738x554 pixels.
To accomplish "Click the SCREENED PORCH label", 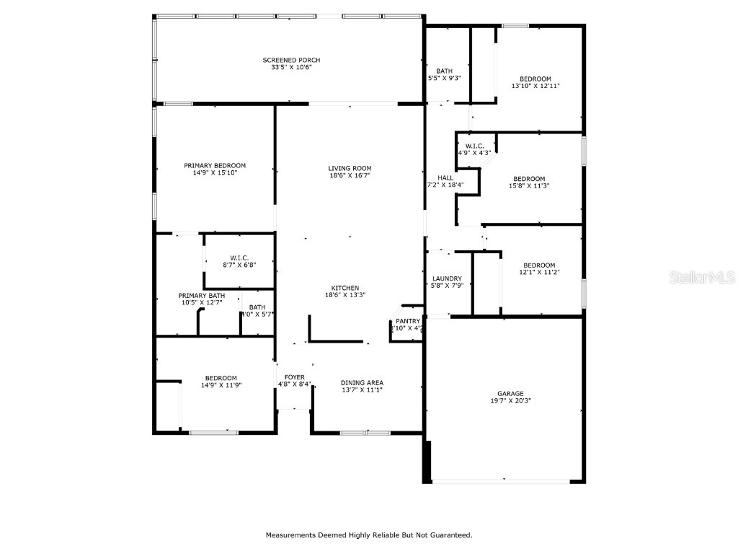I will point(291,60).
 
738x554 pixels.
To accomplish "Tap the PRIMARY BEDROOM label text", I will point(215,165).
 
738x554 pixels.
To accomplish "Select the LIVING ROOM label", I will point(350,168).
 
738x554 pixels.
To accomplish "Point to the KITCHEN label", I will point(344,288).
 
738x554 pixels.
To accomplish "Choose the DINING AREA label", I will point(362,382).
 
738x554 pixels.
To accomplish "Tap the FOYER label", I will point(294,377).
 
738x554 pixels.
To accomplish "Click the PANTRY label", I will point(407,321).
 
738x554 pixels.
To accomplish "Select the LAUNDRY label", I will point(447,278).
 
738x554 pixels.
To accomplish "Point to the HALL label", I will point(445,177).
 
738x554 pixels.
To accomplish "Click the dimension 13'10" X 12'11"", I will point(535,86).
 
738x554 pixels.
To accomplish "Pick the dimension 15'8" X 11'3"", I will point(528,185).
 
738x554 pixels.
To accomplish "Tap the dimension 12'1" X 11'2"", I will point(539,272).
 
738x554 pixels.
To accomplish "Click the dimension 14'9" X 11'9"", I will point(221,385).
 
